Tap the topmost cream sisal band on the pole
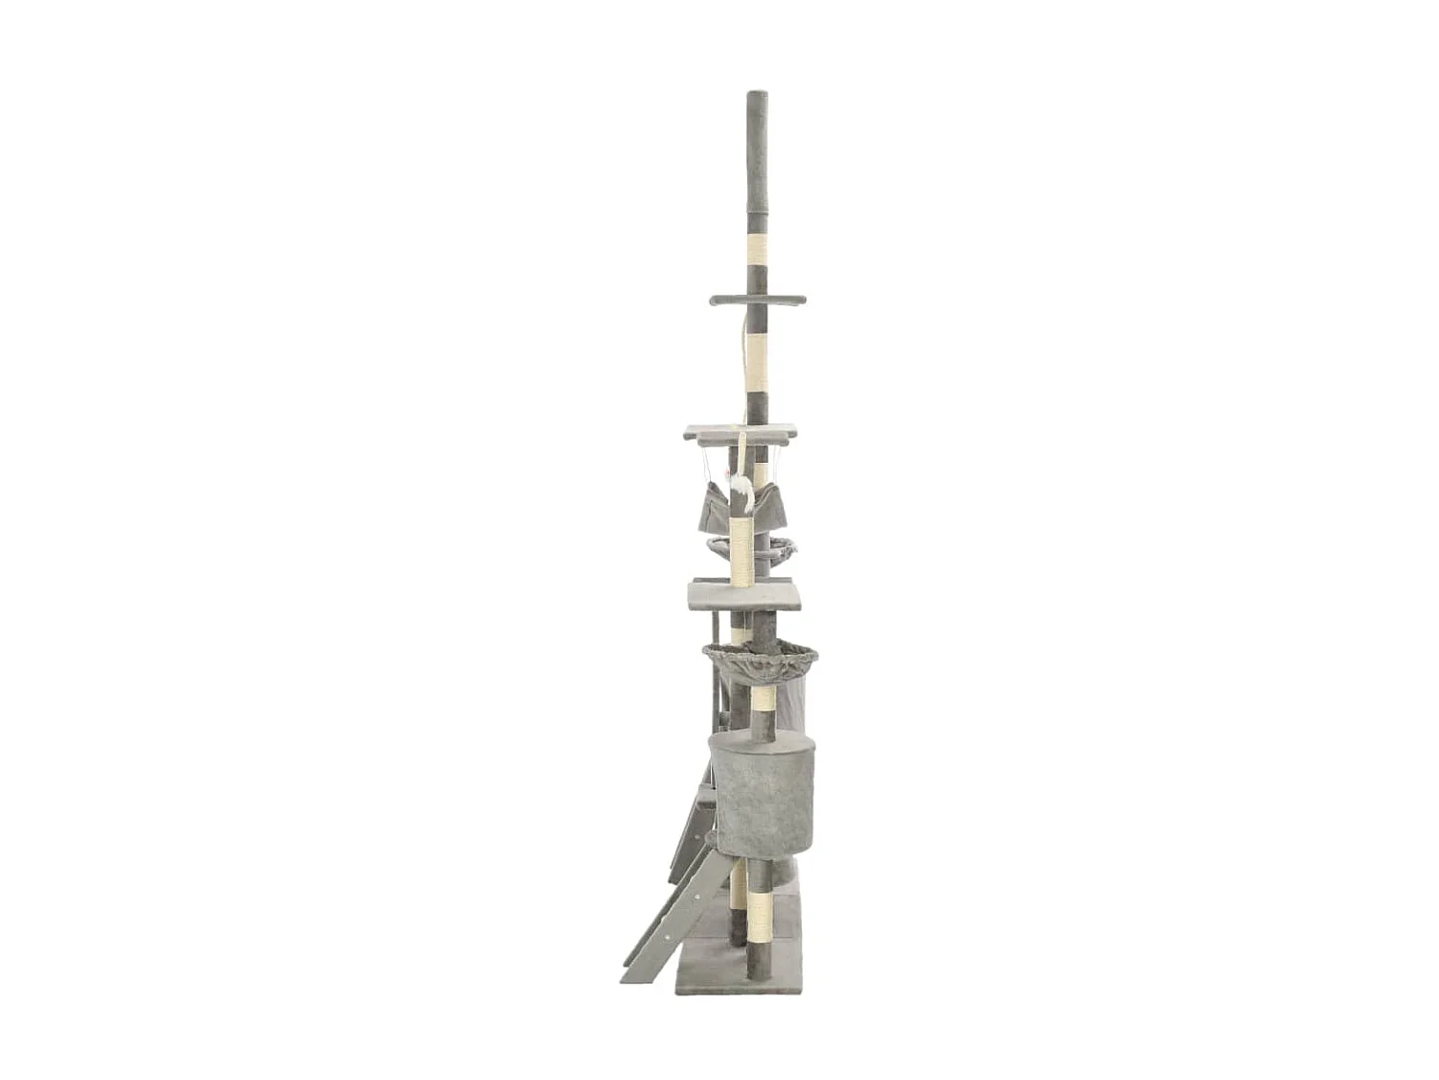coord(757,252)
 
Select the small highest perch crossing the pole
coord(757,300)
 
